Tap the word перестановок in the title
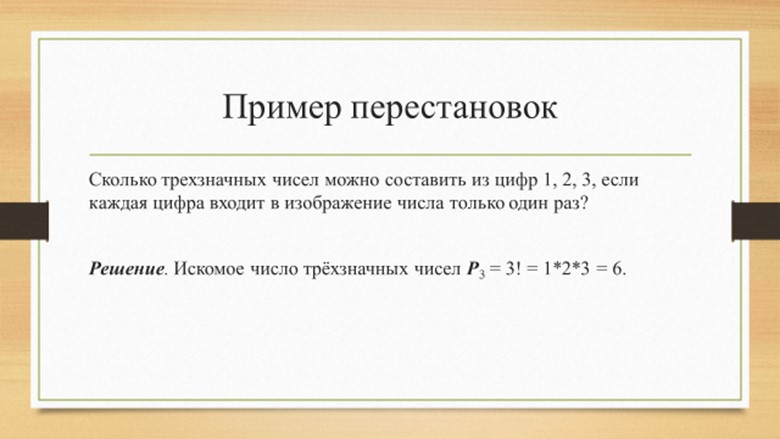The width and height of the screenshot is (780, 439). click(x=454, y=108)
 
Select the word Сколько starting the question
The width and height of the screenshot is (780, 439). click(x=122, y=179)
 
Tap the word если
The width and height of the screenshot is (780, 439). click(x=619, y=179)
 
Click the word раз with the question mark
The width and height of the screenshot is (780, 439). click(x=570, y=204)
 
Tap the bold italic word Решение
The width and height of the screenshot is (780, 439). click(x=127, y=269)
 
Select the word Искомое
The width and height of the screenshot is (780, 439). click(x=209, y=269)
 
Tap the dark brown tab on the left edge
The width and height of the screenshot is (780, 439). click(x=24, y=221)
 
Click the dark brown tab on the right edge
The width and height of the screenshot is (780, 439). click(x=756, y=221)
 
